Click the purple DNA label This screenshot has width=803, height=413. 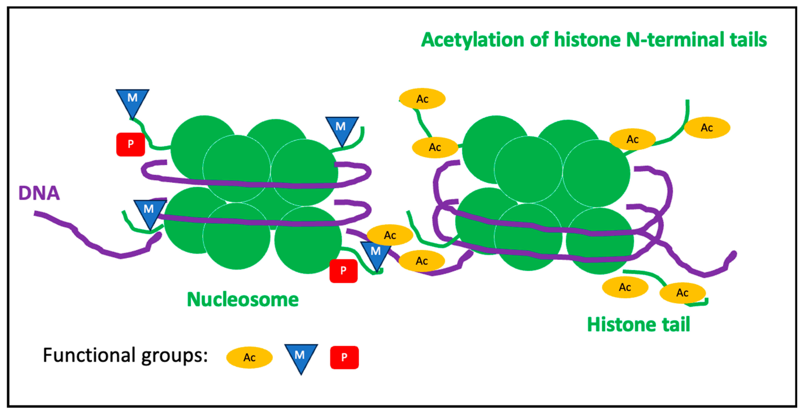tap(39, 193)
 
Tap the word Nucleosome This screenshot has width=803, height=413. tap(242, 300)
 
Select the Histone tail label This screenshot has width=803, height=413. tap(638, 325)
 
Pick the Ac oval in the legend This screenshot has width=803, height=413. tap(249, 358)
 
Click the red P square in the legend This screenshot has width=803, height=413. tap(344, 358)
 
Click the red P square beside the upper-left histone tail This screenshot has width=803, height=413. tap(130, 144)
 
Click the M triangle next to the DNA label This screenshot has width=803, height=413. tap(149, 212)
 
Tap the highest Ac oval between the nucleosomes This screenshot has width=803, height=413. tap(422, 99)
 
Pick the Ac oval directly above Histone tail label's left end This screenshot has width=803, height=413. tap(625, 287)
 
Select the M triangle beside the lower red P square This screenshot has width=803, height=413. tap(376, 254)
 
